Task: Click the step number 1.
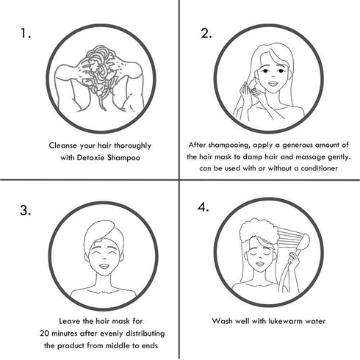pyautogui.click(x=25, y=33)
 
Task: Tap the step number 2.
pyautogui.click(x=206, y=33)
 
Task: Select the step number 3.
pyautogui.click(x=25, y=210)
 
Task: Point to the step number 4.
pyautogui.click(x=203, y=207)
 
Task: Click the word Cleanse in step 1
pyautogui.click(x=63, y=145)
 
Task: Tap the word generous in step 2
pyautogui.click(x=298, y=145)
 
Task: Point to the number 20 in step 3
pyautogui.click(x=45, y=334)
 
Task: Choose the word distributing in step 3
pyautogui.click(x=145, y=334)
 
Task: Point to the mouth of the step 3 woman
pyautogui.click(x=104, y=266)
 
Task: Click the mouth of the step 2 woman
pyautogui.click(x=273, y=84)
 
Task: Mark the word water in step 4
pyautogui.click(x=315, y=321)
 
